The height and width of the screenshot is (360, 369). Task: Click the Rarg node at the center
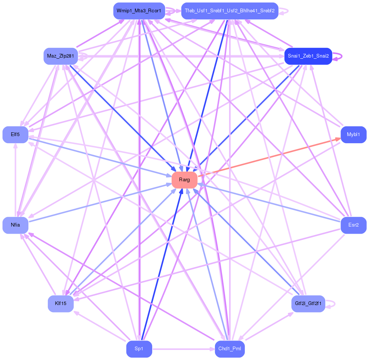point(184,180)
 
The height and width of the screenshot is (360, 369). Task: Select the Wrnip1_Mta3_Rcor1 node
point(139,11)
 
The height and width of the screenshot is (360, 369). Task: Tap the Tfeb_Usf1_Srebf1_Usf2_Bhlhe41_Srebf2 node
point(229,11)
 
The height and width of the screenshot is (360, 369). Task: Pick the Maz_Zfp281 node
point(60,56)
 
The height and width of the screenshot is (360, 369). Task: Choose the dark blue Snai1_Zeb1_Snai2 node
point(308,56)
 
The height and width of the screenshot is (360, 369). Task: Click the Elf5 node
point(15,135)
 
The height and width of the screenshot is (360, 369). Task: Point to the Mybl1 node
point(353,135)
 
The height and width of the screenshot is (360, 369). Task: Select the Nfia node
point(15,225)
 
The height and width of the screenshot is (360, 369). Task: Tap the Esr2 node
point(353,225)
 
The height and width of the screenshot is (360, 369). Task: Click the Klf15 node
point(61,303)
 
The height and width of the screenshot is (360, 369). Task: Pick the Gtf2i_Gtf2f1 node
point(308,303)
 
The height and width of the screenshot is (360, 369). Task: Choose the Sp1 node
point(139,349)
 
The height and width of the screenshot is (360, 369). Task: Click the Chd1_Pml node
point(230,349)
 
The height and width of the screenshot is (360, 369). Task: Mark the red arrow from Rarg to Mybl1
point(269,157)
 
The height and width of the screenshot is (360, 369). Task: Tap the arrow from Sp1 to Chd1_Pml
point(183,349)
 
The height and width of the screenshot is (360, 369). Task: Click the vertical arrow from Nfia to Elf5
point(15,179)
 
